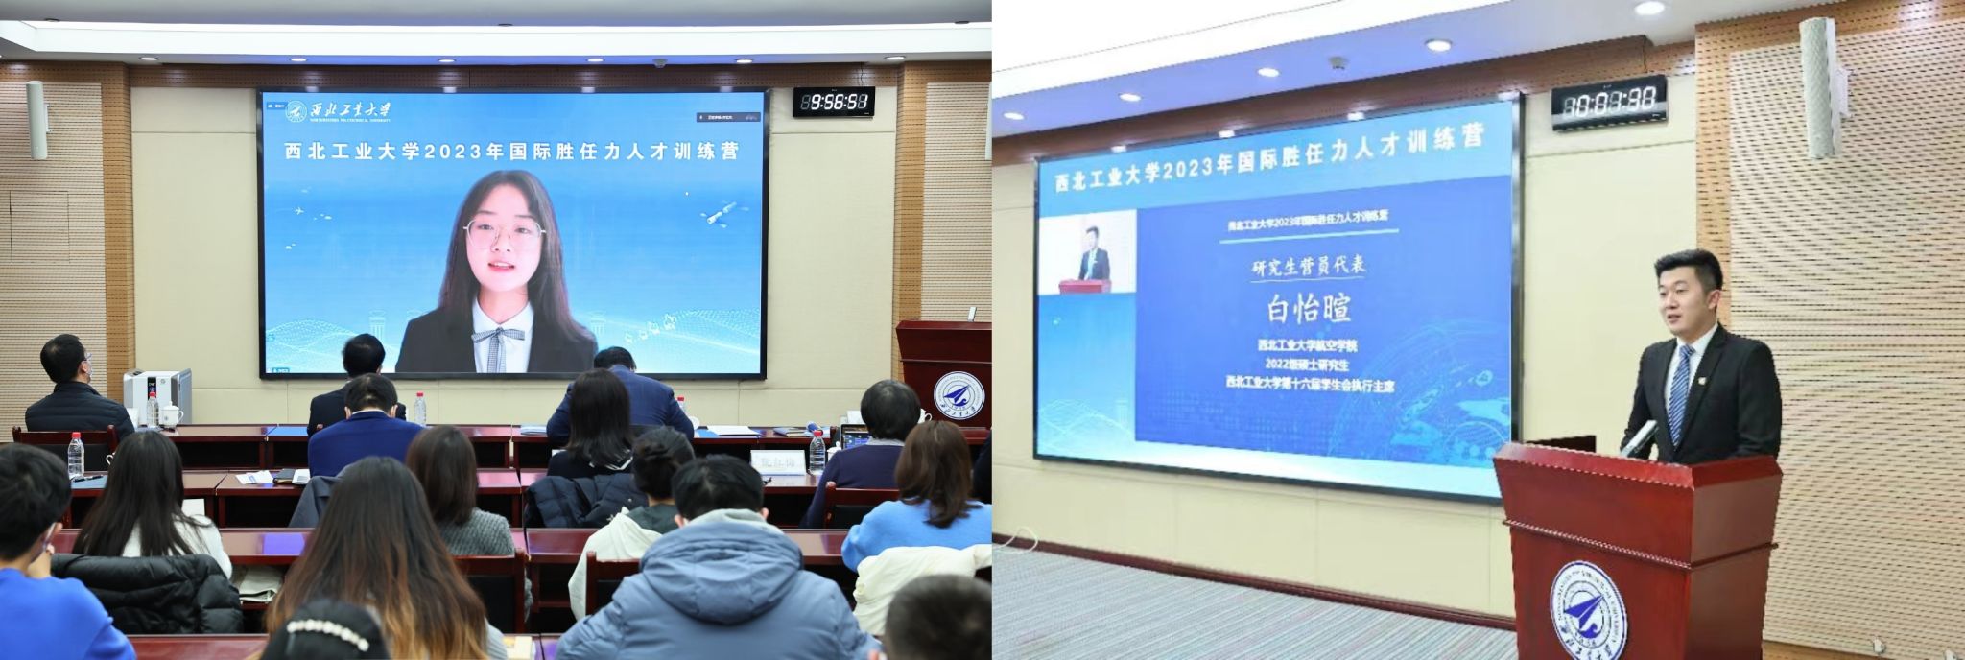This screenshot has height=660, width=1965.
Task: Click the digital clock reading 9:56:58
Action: pos(833,101)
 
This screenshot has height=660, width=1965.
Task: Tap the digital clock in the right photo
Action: pos(1608,102)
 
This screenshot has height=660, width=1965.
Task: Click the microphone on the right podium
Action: pos(1639,437)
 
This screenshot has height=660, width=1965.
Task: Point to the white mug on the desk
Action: pos(171,415)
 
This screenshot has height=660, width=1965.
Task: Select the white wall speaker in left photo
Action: pos(36,119)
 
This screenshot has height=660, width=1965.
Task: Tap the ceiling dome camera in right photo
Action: pos(1338,64)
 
